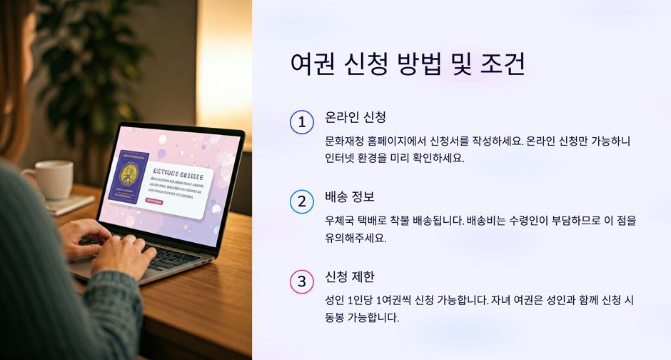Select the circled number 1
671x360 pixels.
point(302,122)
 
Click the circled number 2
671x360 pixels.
point(302,202)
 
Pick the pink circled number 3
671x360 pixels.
point(302,282)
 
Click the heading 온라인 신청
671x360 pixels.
point(355,117)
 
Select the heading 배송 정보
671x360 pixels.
point(350,196)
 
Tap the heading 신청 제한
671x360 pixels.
point(350,276)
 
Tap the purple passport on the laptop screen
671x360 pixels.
point(128,175)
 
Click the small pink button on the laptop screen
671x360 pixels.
point(153,201)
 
